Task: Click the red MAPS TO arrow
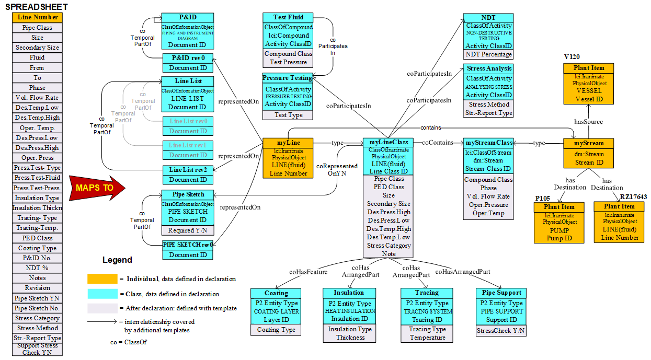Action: click(x=97, y=187)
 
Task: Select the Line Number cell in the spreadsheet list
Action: click(x=37, y=17)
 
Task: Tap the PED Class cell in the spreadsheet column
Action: click(x=37, y=238)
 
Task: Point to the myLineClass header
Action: click(x=389, y=142)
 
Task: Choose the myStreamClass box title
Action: click(x=488, y=143)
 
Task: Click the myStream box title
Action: click(x=588, y=143)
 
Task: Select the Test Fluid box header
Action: click(x=288, y=17)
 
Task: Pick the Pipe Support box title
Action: click(x=500, y=293)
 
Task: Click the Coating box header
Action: click(x=276, y=293)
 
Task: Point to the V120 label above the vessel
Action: click(x=572, y=56)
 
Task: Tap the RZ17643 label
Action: click(x=633, y=196)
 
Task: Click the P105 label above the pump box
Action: click(x=544, y=199)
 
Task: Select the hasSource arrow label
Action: click(x=588, y=122)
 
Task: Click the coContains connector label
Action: click(x=438, y=142)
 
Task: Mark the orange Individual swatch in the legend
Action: click(x=102, y=279)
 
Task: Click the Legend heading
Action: click(x=117, y=260)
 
